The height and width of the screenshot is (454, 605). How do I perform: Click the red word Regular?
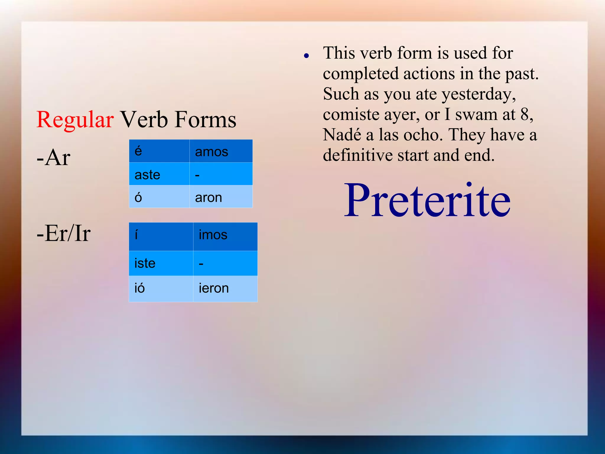[x=75, y=119]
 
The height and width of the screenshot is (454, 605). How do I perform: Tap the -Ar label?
[x=53, y=157]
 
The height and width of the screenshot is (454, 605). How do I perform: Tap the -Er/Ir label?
[x=64, y=233]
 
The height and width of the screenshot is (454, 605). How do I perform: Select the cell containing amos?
[x=221, y=151]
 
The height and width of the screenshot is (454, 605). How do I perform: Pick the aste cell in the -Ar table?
[x=159, y=174]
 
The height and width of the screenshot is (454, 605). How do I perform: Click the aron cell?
[x=221, y=197]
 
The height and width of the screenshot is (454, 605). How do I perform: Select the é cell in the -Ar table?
[x=159, y=151]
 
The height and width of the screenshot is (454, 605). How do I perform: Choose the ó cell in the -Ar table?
[x=159, y=197]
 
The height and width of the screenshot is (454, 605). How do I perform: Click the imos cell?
[x=225, y=236]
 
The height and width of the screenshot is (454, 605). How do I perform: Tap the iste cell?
[x=161, y=263]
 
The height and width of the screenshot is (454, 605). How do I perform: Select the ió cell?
[x=161, y=288]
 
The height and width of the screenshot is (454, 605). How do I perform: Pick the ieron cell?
[x=225, y=288]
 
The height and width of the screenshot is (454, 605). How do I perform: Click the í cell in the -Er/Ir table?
[x=161, y=236]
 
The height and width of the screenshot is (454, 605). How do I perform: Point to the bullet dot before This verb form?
[x=306, y=55]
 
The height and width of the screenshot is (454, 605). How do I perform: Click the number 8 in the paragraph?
[x=525, y=114]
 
